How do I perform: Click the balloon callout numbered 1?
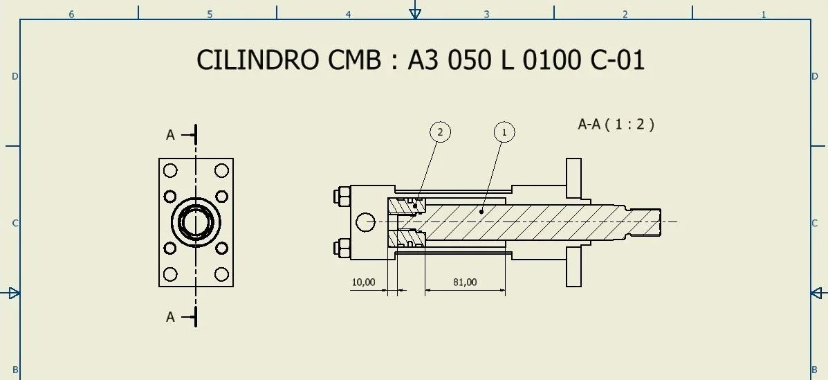pyautogui.click(x=504, y=132)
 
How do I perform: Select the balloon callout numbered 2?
pyautogui.click(x=440, y=132)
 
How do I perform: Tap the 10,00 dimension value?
pyautogui.click(x=363, y=282)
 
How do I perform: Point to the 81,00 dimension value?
pyautogui.click(x=465, y=282)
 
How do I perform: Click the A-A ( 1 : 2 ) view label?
pyautogui.click(x=616, y=125)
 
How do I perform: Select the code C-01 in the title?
pyautogui.click(x=617, y=60)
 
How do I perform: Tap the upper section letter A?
pyautogui.click(x=170, y=135)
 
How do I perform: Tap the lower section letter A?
pyautogui.click(x=170, y=317)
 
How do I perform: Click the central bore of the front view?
pyautogui.click(x=196, y=222)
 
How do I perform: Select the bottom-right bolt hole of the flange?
pyautogui.click(x=221, y=275)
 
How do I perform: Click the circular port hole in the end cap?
pyautogui.click(x=365, y=221)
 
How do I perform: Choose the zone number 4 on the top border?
pyautogui.click(x=348, y=14)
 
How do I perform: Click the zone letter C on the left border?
pyautogui.click(x=15, y=223)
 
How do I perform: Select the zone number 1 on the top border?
pyautogui.click(x=764, y=14)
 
